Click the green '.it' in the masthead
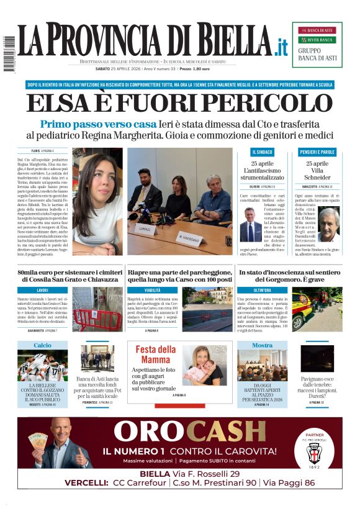point(281,46)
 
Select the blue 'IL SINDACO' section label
point(262,151)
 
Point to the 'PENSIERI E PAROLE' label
point(317,151)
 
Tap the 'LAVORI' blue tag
point(43,290)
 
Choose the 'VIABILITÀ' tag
point(152,290)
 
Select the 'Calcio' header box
point(43,345)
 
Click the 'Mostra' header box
point(262,345)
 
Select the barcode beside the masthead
point(9,52)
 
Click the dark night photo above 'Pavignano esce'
point(317,358)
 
